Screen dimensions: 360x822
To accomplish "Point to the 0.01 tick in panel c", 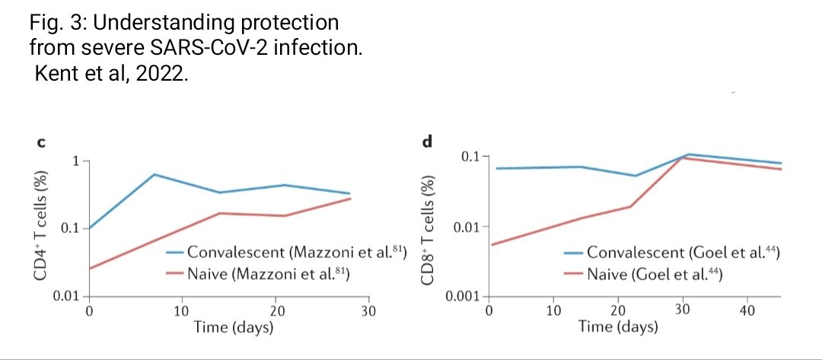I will (66, 295).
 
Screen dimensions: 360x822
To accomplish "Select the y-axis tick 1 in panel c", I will (76, 161).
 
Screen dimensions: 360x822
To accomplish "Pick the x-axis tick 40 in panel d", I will (747, 311).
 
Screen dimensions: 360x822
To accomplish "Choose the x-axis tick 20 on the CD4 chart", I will (275, 311).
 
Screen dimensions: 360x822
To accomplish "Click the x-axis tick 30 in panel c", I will (368, 311).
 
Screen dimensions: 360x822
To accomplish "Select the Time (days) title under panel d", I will (618, 327).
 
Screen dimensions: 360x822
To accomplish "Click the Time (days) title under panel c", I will (228, 327).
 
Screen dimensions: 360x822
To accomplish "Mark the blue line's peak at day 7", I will (154, 174).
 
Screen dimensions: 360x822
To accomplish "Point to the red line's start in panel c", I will (90, 269).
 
